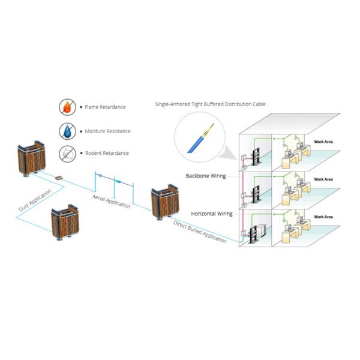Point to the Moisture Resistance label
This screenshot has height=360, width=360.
tap(107, 131)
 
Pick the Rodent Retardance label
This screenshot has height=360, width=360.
tap(106, 153)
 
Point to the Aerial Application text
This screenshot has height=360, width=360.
tap(111, 200)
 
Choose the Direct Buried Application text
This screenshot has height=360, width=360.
tap(200, 231)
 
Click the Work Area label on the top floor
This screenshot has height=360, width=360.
tap(323, 142)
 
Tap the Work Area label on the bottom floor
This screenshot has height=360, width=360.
tap(323, 216)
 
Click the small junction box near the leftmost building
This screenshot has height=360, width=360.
tap(59, 178)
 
